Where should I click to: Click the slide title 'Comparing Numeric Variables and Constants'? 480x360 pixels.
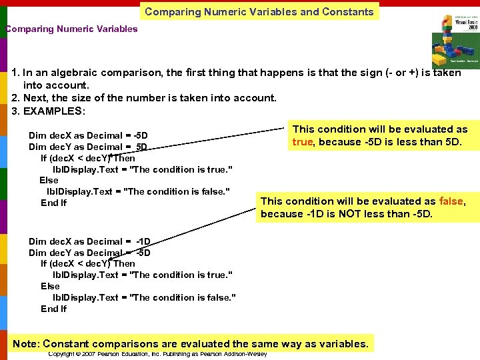click(x=259, y=11)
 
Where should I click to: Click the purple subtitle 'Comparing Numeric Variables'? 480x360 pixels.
click(x=71, y=29)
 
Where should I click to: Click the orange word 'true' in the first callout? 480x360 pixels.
click(x=302, y=141)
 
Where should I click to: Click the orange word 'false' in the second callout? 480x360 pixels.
click(x=451, y=201)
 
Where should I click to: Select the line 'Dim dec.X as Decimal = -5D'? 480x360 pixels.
click(x=88, y=135)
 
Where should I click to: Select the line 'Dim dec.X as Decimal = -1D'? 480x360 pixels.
click(x=89, y=241)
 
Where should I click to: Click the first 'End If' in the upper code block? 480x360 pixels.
click(x=53, y=203)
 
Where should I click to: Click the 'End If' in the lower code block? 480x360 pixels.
click(x=53, y=309)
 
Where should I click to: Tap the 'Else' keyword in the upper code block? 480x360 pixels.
click(x=49, y=180)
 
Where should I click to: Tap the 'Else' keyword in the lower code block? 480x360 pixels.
click(x=50, y=286)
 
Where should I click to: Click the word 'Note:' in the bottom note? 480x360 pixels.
click(x=26, y=344)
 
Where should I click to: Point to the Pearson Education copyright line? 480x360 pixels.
click(x=157, y=354)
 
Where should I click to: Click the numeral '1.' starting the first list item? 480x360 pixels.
click(x=16, y=73)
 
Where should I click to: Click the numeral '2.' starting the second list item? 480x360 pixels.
click(x=16, y=98)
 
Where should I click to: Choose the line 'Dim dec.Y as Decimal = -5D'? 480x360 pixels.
click(x=89, y=253)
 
